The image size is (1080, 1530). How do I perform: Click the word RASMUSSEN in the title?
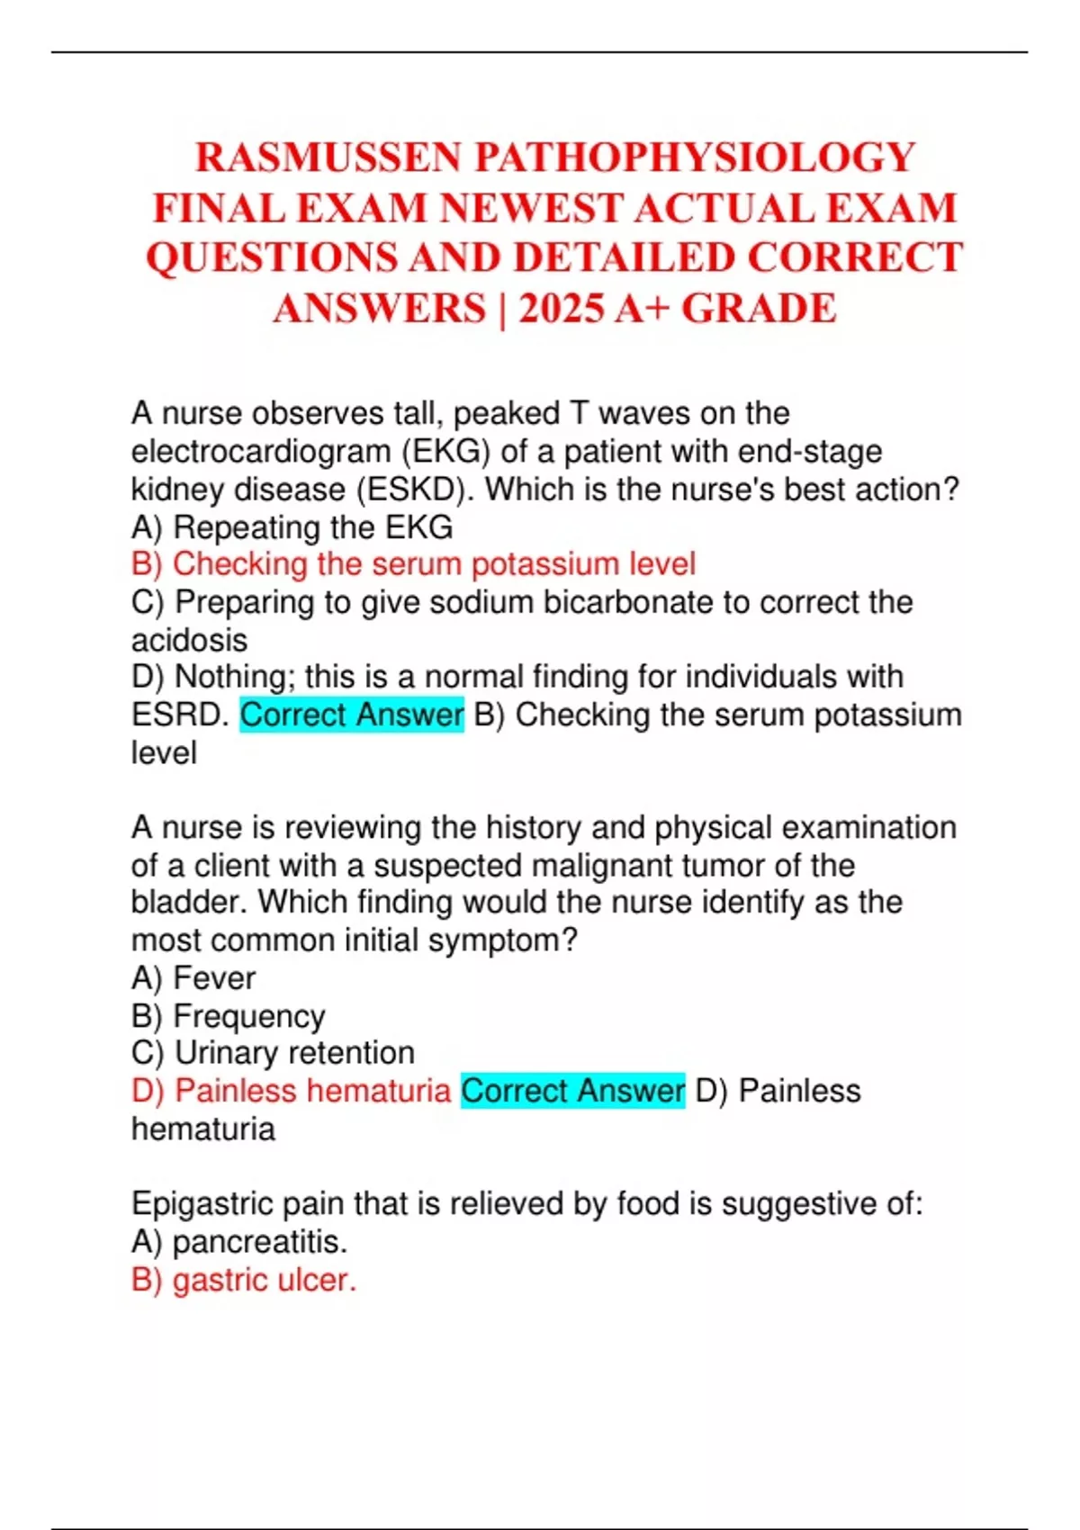click(329, 157)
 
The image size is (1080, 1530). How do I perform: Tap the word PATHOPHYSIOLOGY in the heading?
click(695, 157)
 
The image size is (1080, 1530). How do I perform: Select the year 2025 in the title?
click(561, 309)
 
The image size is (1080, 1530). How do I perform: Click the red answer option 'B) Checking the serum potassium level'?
click(413, 564)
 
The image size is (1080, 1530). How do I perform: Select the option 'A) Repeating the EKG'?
click(292, 526)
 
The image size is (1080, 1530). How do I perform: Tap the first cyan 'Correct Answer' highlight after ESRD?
click(352, 715)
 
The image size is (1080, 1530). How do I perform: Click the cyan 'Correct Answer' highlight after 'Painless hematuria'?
click(572, 1091)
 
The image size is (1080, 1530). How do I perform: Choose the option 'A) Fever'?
click(193, 977)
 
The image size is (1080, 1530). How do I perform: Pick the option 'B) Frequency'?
click(228, 1015)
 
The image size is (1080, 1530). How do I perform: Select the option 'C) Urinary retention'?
click(273, 1053)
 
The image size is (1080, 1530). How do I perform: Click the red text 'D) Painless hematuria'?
click(291, 1091)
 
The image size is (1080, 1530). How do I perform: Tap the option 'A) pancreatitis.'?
click(239, 1242)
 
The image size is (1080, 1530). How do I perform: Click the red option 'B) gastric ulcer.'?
click(244, 1280)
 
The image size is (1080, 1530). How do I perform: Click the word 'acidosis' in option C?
click(189, 640)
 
